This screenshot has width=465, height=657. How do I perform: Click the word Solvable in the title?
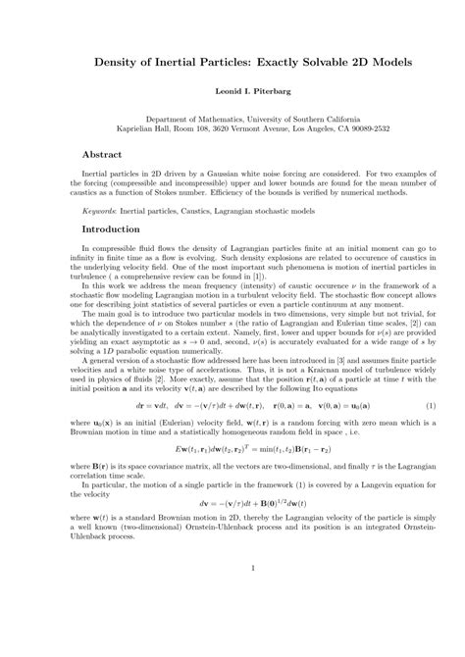click(x=301, y=62)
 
